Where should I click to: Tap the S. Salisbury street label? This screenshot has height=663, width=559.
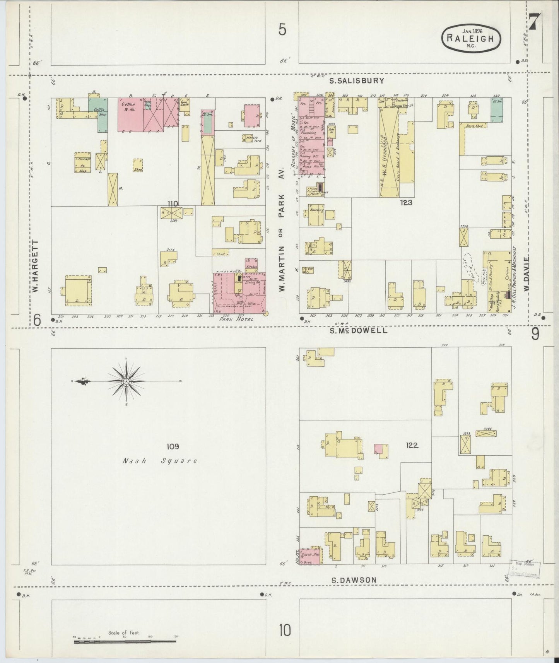(x=357, y=81)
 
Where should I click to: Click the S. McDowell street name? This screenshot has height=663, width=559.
(x=358, y=331)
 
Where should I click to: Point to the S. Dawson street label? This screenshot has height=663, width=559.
(x=354, y=580)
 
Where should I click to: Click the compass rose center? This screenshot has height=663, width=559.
(x=127, y=382)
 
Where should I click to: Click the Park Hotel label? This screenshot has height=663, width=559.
(x=236, y=319)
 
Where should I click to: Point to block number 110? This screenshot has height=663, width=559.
(x=172, y=203)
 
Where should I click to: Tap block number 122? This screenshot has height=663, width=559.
(x=412, y=445)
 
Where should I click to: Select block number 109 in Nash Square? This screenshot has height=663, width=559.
(x=173, y=446)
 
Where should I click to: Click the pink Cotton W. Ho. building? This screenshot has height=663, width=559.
(x=130, y=114)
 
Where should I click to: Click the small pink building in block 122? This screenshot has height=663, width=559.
(x=378, y=449)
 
